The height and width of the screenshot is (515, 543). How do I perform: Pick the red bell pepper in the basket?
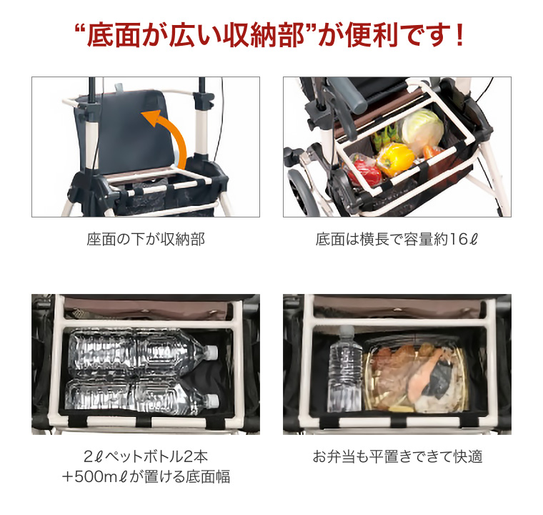click(x=365, y=170)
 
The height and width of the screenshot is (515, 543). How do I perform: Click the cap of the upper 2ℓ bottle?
click(x=211, y=351)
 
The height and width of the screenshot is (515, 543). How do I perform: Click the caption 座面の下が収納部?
click(x=146, y=240)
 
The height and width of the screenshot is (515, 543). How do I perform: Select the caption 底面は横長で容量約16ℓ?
click(x=397, y=240)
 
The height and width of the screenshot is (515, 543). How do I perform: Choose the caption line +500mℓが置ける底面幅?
click(x=146, y=477)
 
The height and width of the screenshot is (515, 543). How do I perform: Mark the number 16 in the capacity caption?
click(x=457, y=240)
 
